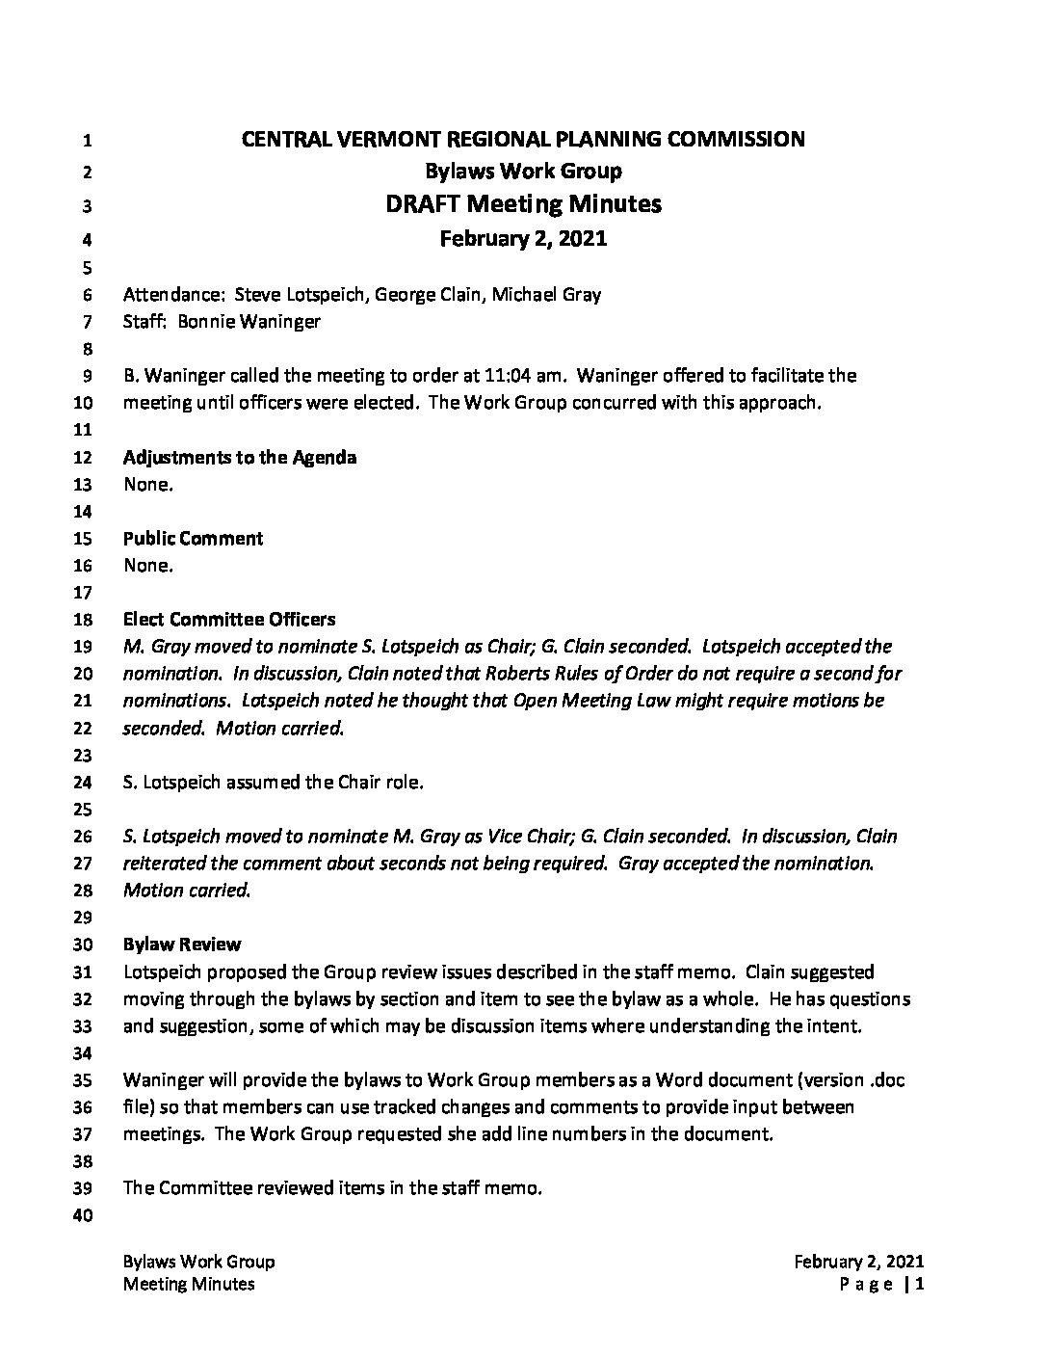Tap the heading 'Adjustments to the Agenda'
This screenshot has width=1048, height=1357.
pos(240,457)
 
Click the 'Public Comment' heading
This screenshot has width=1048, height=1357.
pos(193,538)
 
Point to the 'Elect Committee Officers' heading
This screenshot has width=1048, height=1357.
pos(229,619)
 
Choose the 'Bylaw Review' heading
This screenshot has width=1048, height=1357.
pos(182,945)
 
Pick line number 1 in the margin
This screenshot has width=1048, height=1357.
pos(87,141)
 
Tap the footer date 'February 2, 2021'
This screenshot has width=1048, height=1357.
pos(860,1262)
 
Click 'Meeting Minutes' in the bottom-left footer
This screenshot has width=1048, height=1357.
pos(189,1284)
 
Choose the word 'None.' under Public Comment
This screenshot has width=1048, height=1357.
pos(148,566)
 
